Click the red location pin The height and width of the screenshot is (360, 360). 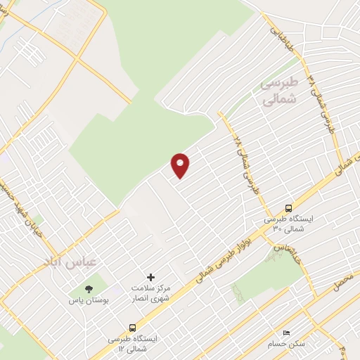(x=181, y=165)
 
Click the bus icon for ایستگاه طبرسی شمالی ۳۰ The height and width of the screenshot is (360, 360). (x=288, y=207)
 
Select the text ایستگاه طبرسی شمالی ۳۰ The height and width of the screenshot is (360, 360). (x=288, y=224)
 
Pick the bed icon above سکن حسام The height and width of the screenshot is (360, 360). (x=285, y=333)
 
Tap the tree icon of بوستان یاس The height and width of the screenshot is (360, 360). (x=89, y=288)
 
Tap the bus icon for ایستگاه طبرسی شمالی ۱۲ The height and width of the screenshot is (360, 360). (x=133, y=328)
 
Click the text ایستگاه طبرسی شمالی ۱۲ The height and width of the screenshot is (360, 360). (x=133, y=344)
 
